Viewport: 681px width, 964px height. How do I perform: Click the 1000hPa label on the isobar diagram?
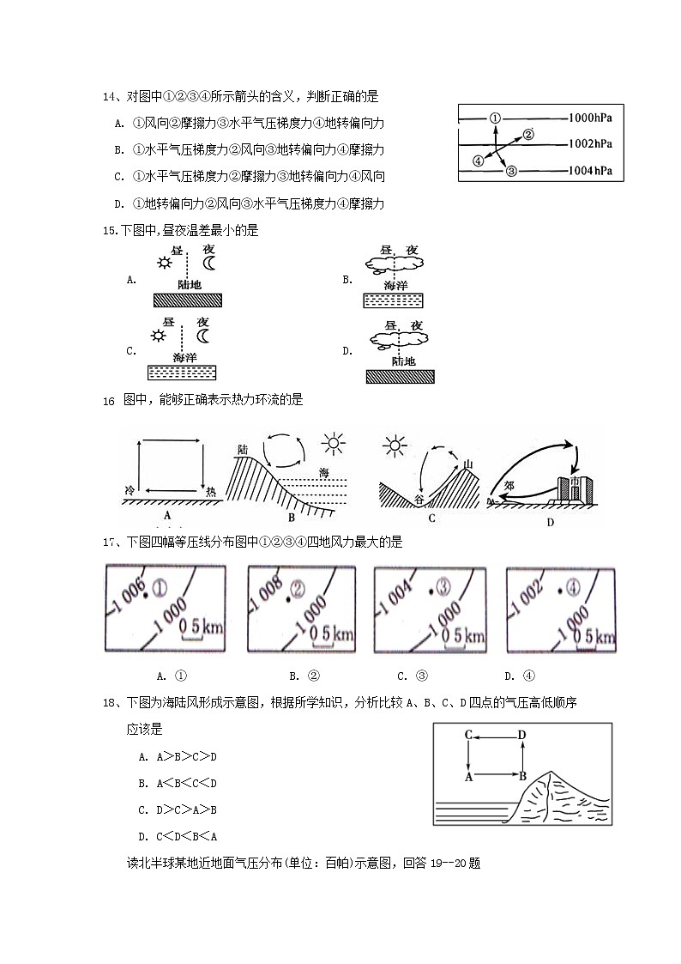point(590,116)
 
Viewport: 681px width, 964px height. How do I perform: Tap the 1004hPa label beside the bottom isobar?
point(590,171)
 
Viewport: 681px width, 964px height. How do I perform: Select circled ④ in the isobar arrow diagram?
point(478,161)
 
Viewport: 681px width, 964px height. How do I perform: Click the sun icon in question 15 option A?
point(163,262)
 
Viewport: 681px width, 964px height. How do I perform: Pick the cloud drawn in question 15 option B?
point(394,261)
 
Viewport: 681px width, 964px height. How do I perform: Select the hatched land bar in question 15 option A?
point(188,300)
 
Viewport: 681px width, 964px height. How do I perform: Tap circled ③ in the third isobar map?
point(443,587)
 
